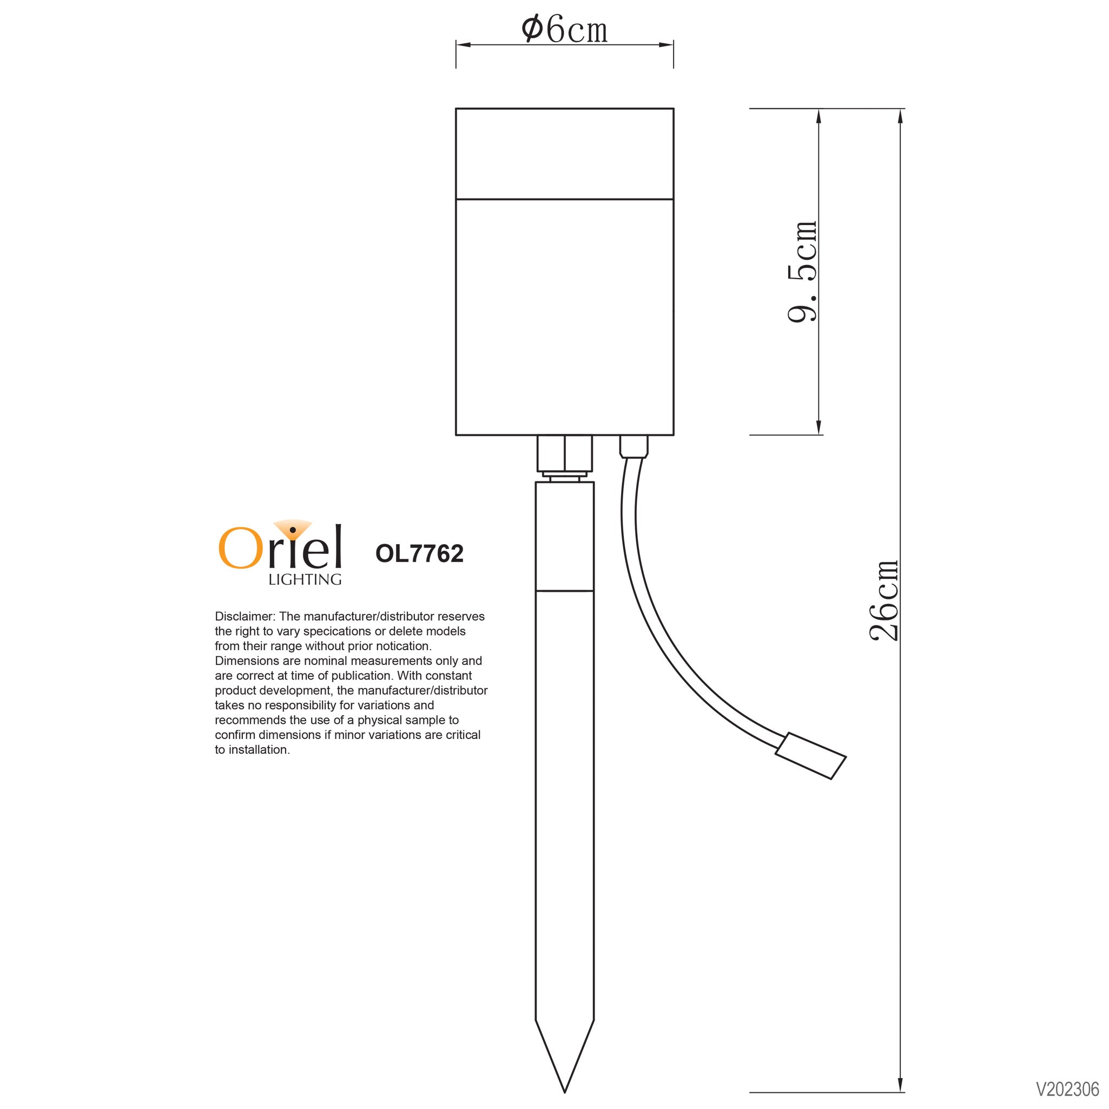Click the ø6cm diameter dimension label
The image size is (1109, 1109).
point(564,30)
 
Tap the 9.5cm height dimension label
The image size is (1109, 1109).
point(802,272)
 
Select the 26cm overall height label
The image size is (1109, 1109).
point(883,600)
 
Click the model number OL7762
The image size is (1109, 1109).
point(419,553)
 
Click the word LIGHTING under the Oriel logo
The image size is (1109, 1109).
point(305,580)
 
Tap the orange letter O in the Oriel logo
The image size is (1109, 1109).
point(240,547)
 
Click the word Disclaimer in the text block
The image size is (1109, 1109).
point(245,617)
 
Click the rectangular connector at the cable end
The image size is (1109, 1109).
point(810,756)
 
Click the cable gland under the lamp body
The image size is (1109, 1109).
point(633,446)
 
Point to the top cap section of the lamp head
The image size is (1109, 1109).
point(564,153)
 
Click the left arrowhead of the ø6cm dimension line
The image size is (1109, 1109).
point(463,44)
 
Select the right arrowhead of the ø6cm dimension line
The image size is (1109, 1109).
point(666,44)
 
